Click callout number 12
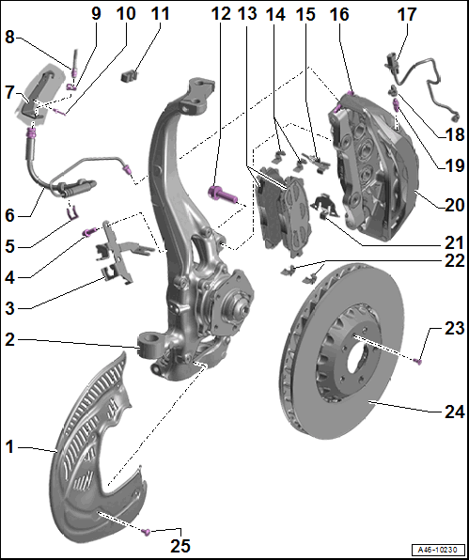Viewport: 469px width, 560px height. point(221,13)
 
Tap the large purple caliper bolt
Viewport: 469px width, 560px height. point(222,193)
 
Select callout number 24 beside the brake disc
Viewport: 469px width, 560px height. point(455,412)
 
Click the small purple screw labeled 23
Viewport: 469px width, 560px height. point(417,362)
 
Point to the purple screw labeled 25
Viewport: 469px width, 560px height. point(146,532)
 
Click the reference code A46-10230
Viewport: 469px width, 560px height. point(438,549)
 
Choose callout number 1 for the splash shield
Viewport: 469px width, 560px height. point(9,447)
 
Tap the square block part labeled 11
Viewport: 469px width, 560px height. point(130,76)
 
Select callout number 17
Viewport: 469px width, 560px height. point(407,14)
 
